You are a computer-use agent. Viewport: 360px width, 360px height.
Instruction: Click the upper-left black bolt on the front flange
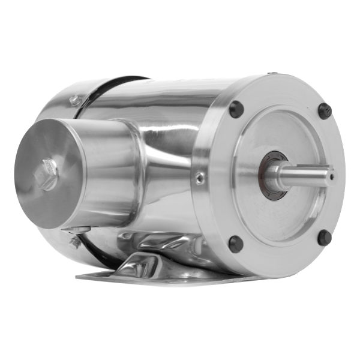236,109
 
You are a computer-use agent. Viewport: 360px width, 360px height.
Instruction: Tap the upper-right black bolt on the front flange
325,110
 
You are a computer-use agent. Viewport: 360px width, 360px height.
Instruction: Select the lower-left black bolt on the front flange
236,244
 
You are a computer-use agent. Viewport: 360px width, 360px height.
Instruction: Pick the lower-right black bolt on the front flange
325,238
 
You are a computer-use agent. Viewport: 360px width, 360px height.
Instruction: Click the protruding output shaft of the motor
306,175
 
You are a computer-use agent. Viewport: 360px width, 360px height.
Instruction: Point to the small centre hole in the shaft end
331,176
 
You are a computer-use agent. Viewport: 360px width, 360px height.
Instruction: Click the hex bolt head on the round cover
47,175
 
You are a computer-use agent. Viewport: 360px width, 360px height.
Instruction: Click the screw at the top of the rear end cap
75,101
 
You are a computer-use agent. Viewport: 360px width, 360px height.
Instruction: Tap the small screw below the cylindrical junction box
75,242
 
